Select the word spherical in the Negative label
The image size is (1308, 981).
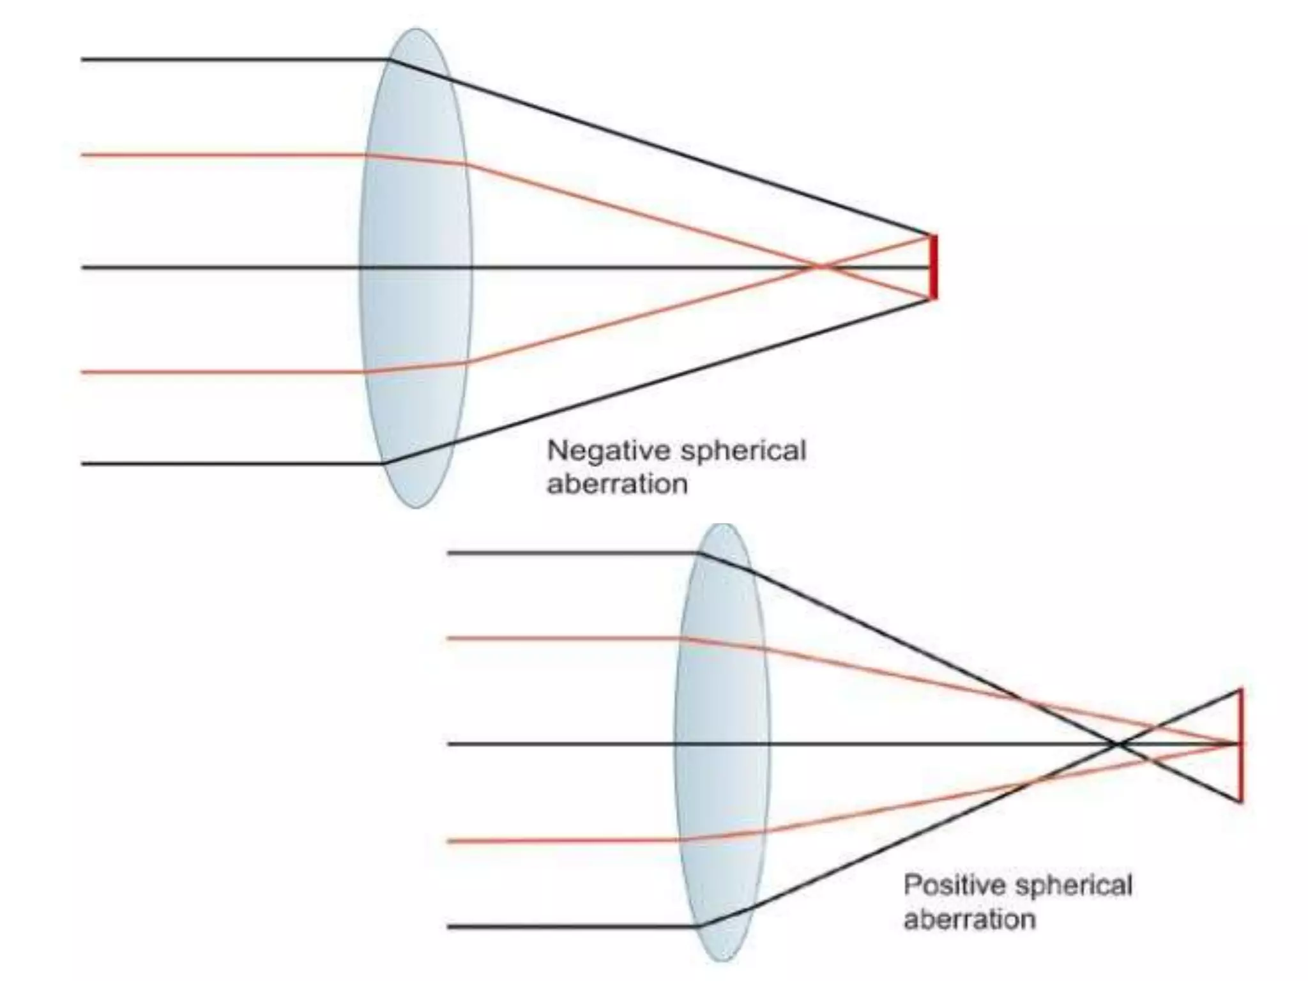[742, 452]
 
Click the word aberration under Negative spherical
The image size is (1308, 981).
[617, 483]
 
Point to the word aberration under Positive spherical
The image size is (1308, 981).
[970, 919]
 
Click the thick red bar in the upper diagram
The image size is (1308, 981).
[933, 267]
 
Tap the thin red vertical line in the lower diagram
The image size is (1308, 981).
[1240, 745]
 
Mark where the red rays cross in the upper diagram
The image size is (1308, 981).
[819, 266]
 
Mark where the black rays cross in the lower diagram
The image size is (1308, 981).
[1118, 744]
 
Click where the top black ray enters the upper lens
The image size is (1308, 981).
[389, 60]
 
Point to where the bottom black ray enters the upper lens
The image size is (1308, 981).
[384, 463]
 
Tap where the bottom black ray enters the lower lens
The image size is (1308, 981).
[701, 925]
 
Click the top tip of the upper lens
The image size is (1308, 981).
[416, 29]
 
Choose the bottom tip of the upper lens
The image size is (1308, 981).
[416, 507]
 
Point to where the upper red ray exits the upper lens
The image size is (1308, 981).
[466, 165]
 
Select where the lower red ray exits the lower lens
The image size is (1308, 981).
[764, 832]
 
